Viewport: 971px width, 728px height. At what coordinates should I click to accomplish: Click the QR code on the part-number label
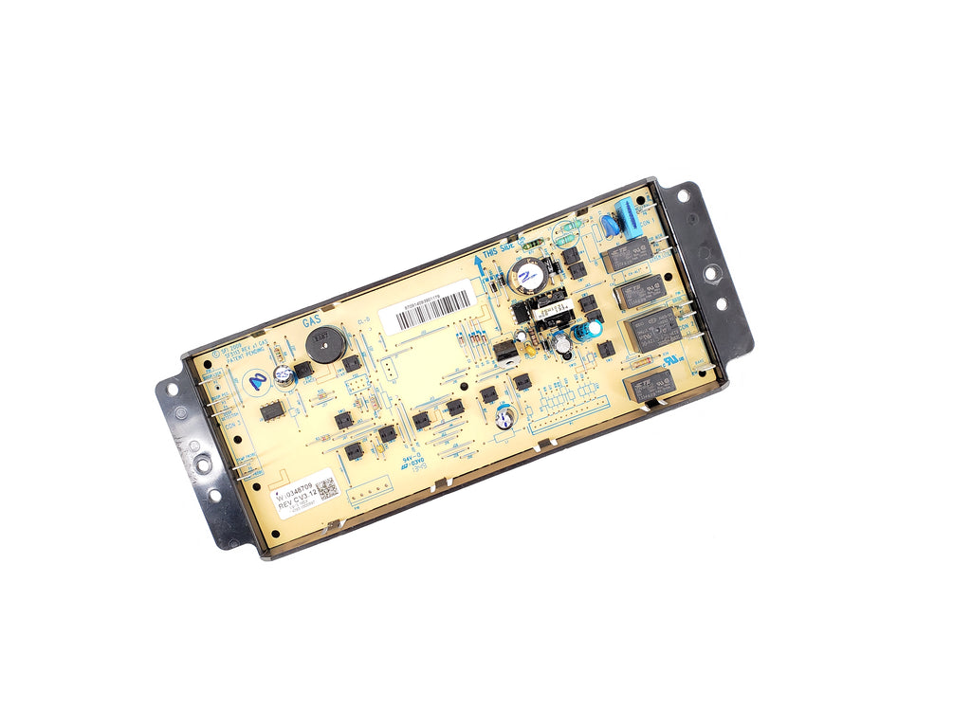pyautogui.click(x=325, y=490)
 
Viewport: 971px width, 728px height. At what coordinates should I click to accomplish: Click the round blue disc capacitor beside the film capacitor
pyautogui.click(x=608, y=227)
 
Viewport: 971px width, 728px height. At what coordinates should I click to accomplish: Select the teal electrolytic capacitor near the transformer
pyautogui.click(x=592, y=328)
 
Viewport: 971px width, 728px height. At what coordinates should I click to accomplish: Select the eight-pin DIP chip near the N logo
pyautogui.click(x=273, y=411)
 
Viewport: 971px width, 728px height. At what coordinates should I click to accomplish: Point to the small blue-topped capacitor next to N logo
pyautogui.click(x=282, y=375)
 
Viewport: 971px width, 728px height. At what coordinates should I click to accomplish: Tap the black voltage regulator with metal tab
pyautogui.click(x=505, y=352)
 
